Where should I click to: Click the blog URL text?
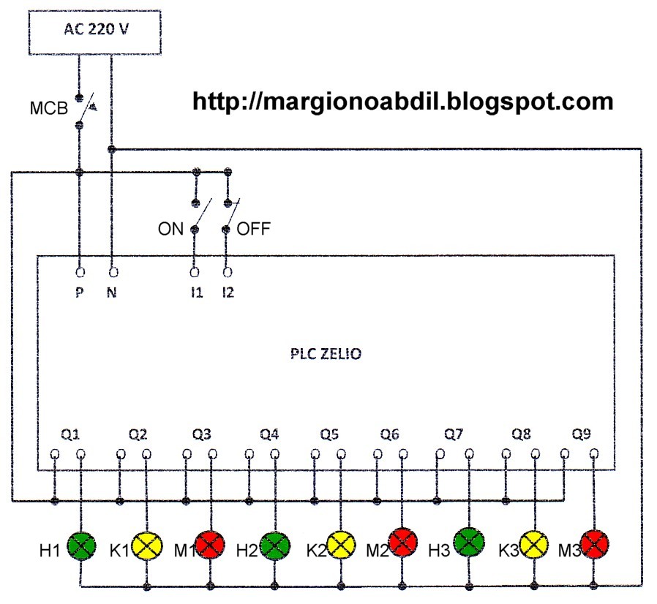(402, 101)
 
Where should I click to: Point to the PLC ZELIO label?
(325, 354)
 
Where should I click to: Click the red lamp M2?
(402, 546)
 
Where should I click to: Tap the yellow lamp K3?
(534, 546)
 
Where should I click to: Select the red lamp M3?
(595, 544)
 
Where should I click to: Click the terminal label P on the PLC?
(79, 296)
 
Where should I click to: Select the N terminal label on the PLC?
(112, 296)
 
